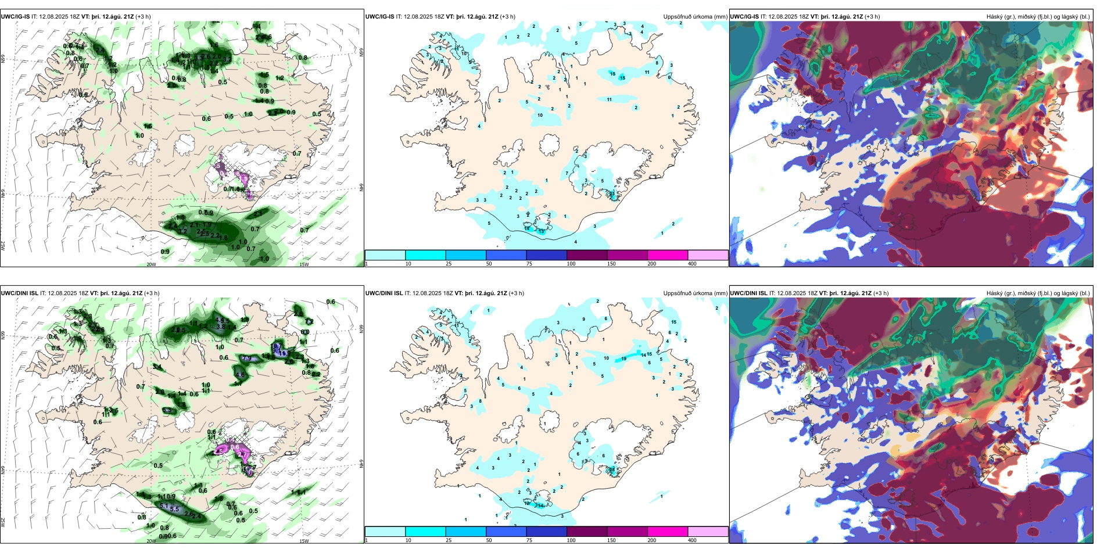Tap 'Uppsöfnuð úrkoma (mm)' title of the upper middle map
[695, 17]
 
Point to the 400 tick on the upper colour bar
[692, 264]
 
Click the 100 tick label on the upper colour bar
[571, 264]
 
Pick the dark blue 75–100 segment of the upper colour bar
[546, 255]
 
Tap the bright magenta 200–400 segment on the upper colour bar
[667, 255]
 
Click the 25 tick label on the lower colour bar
[449, 540]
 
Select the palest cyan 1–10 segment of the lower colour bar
[385, 532]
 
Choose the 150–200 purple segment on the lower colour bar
[627, 532]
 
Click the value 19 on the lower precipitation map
[623, 359]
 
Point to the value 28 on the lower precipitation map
[612, 469]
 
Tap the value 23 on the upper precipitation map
[612, 193]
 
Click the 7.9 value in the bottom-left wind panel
[246, 359]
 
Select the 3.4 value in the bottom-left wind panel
[157, 367]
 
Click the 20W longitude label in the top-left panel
[151, 264]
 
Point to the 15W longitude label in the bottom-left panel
[304, 541]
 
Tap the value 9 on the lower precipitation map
[583, 320]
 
